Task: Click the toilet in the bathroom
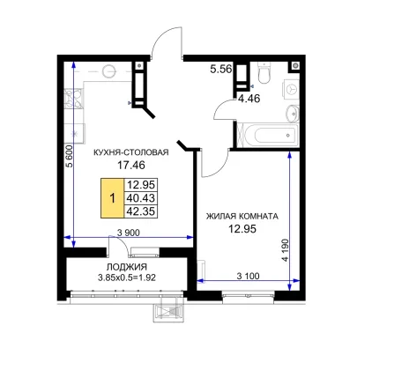(x=264, y=72)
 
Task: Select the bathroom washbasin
(x=293, y=114)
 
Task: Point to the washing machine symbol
(x=291, y=89)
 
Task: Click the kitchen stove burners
(x=73, y=99)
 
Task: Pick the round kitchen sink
(x=108, y=71)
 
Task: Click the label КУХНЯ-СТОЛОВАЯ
(x=131, y=152)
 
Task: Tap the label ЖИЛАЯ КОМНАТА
(x=242, y=217)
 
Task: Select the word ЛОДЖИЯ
(x=127, y=267)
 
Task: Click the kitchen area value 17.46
(x=131, y=165)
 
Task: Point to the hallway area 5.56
(x=221, y=69)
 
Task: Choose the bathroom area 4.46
(x=249, y=99)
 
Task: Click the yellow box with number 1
(x=113, y=198)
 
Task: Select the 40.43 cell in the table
(x=141, y=198)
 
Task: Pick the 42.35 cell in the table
(x=141, y=211)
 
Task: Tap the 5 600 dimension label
(x=69, y=156)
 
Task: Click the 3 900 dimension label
(x=129, y=233)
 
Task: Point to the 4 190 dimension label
(x=285, y=250)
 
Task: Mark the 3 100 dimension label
(x=249, y=276)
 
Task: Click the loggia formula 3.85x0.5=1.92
(x=127, y=277)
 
